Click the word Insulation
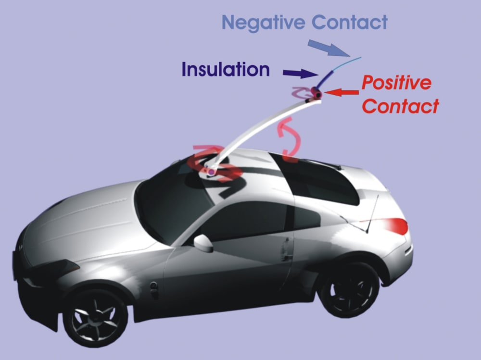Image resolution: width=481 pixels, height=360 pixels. tap(225, 69)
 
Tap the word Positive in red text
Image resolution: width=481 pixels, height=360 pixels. tap(396, 83)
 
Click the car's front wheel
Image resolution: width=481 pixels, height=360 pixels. tap(95, 315)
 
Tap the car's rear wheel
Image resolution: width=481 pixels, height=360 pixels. tap(349, 289)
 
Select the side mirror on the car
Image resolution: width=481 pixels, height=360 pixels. tap(203, 243)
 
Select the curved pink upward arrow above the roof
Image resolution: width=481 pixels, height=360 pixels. tap(291, 139)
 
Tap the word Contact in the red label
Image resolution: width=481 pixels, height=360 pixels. tap(400, 106)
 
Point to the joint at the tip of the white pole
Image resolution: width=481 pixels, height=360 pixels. tap(316, 93)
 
